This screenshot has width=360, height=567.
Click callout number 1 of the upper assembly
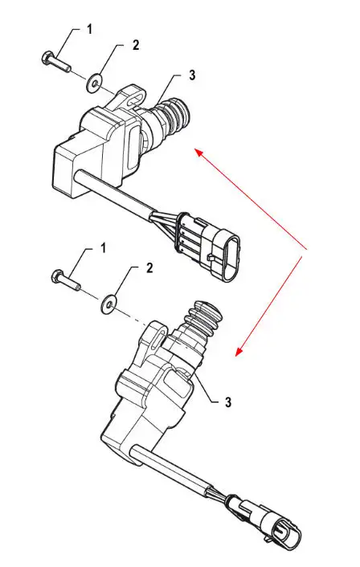click(90, 29)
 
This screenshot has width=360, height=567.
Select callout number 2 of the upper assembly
click(136, 45)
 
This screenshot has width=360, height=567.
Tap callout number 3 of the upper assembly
click(192, 75)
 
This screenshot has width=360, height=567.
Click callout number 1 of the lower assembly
click(103, 248)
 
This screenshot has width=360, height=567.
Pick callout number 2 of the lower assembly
click(149, 268)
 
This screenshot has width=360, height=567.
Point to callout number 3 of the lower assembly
click(228, 402)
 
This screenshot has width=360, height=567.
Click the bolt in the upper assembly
click(56, 62)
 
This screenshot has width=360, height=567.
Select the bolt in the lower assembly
click(66, 279)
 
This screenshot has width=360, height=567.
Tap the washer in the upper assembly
click(94, 83)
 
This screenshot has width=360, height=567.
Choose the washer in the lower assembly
click(108, 304)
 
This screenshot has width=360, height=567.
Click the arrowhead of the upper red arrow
click(198, 152)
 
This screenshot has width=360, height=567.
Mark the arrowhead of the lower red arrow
click(239, 352)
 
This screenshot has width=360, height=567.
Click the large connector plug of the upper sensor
click(209, 247)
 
